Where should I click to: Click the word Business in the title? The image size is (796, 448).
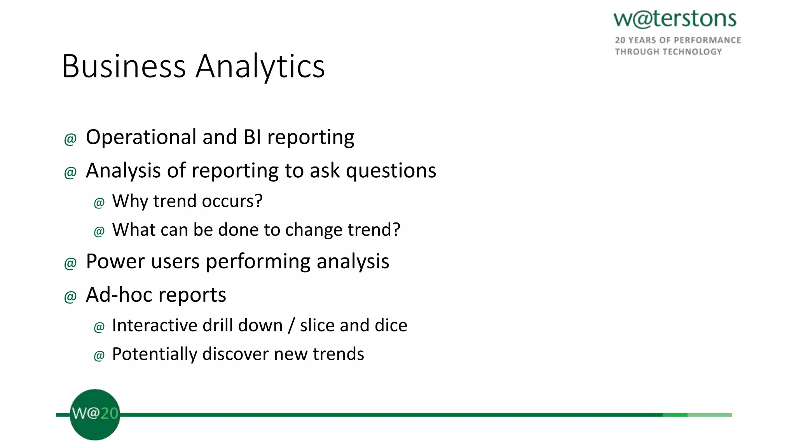[124, 66]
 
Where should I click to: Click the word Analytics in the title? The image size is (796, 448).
[260, 66]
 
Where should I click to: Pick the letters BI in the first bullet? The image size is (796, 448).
[252, 137]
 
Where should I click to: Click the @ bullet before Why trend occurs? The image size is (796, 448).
[99, 203]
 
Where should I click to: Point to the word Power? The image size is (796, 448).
[115, 261]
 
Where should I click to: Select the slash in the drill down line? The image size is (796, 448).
[291, 325]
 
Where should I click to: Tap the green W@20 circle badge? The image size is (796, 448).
[94, 415]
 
